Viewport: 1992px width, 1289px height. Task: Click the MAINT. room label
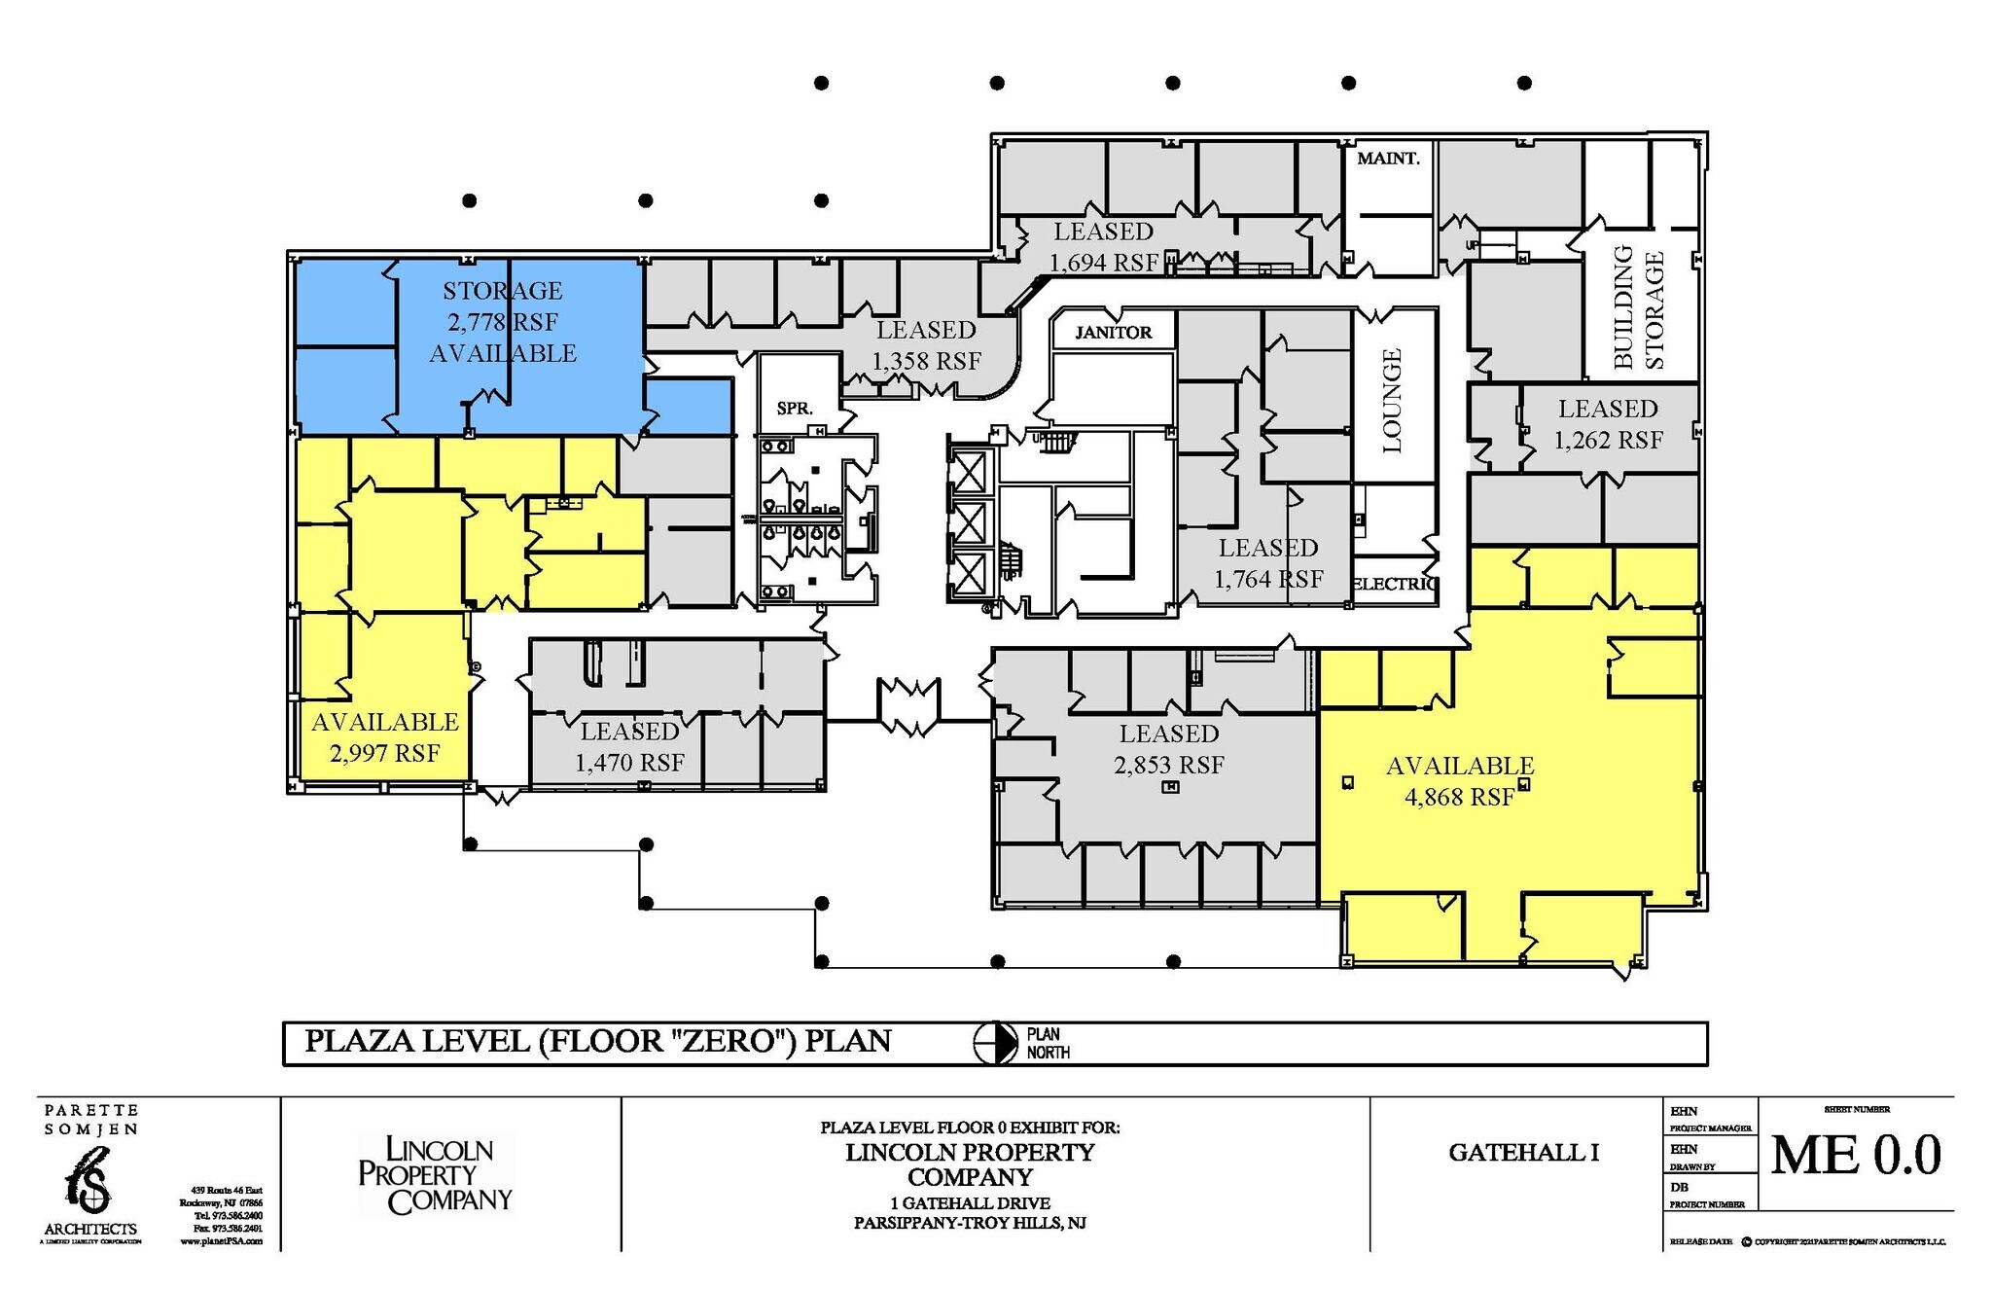1388,158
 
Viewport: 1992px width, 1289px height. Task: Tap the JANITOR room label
1113,333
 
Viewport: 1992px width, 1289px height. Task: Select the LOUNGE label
1393,400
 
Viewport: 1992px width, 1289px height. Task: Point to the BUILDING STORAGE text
1639,308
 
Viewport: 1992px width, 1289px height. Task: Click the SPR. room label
795,409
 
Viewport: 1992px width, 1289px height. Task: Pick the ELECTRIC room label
1394,584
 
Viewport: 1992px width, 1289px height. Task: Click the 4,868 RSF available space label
1459,781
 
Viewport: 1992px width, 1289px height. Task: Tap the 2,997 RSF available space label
385,737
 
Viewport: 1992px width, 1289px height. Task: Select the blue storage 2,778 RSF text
503,321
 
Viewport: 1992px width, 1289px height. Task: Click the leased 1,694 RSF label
1104,247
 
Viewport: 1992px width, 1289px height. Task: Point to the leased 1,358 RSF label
926,345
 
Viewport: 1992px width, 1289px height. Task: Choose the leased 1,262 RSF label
1608,424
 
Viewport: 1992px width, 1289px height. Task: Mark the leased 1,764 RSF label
1268,563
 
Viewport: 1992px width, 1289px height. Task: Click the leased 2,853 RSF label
1169,749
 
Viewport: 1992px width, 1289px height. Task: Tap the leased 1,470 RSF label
630,746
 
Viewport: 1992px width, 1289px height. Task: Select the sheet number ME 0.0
1856,1156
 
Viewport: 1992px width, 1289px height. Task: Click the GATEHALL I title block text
1524,1153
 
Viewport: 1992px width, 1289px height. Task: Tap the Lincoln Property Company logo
435,1175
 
